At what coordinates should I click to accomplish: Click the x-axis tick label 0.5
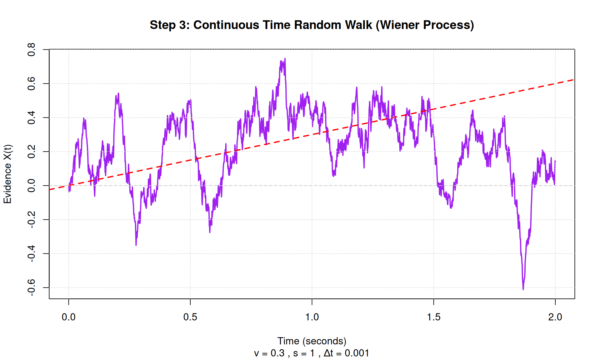coord(190,317)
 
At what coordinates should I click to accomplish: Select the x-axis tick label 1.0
coord(312,317)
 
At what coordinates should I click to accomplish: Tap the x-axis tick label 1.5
coord(433,317)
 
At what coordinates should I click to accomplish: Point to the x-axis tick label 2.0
coord(555,317)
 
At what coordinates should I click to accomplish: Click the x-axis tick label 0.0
coord(68,317)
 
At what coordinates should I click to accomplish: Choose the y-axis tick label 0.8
coord(32,50)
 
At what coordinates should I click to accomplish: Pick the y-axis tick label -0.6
coord(32,287)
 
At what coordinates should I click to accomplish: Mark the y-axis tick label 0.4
coord(32,117)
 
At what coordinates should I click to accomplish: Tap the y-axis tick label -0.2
coord(32,219)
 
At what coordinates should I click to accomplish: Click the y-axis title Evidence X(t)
coord(7,174)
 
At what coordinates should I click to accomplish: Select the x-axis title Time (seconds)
coord(312,341)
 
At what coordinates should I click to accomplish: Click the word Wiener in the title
coord(397,25)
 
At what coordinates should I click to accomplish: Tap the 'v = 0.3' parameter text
coord(269,353)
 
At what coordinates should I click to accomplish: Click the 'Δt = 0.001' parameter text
coord(346,353)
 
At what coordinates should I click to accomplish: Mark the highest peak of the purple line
coord(285,59)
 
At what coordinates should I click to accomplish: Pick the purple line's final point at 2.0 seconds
coord(555,161)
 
